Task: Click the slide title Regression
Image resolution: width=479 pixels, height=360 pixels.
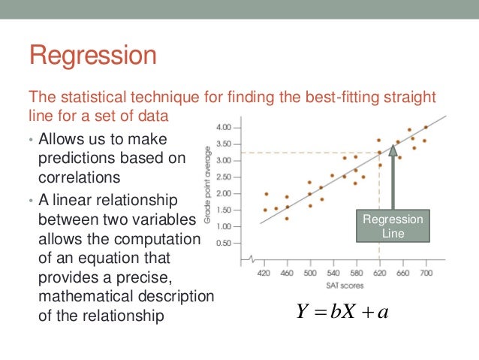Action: coord(92,57)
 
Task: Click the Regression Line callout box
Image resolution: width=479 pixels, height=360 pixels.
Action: coord(393,226)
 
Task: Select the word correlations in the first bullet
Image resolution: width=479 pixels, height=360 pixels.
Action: coord(79,177)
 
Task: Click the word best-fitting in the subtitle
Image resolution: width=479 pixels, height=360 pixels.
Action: coord(328,98)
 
